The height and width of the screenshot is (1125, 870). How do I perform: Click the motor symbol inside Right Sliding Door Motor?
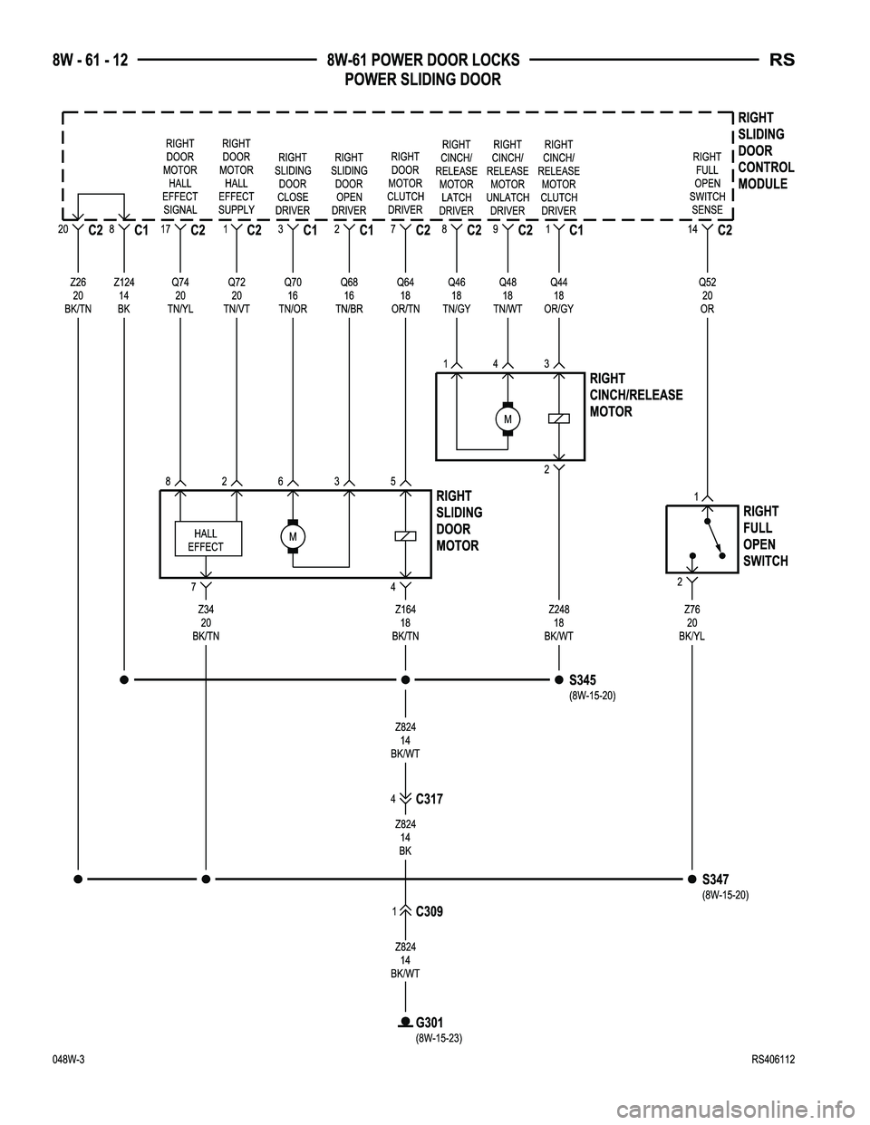click(293, 536)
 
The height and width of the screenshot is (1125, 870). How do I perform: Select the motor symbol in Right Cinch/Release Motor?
click(507, 419)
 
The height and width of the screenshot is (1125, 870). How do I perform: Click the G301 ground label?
click(430, 1023)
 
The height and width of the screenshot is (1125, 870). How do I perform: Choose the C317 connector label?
click(429, 799)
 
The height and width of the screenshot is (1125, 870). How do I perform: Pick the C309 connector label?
click(429, 911)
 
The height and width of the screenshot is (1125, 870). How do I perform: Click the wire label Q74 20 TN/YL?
click(180, 295)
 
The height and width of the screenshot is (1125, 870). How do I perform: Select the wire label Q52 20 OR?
click(706, 295)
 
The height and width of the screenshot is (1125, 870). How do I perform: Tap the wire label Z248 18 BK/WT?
click(558, 623)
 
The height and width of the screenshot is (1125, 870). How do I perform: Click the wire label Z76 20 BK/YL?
click(692, 623)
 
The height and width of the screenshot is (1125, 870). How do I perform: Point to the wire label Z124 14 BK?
click(123, 295)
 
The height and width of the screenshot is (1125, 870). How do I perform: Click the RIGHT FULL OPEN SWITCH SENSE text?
click(707, 183)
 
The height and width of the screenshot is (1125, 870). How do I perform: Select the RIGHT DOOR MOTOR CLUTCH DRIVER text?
click(404, 183)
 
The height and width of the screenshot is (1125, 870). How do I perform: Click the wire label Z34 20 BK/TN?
click(206, 623)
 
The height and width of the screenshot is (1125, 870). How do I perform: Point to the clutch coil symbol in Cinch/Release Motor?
click(559, 418)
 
